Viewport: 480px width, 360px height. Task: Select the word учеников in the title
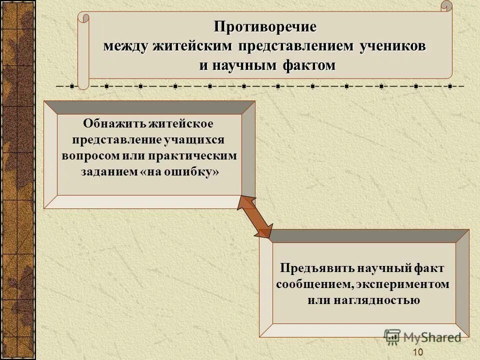pyautogui.click(x=393, y=45)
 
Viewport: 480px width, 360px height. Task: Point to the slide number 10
pyautogui.click(x=418, y=352)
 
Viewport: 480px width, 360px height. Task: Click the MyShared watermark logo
pyautogui.click(x=422, y=337)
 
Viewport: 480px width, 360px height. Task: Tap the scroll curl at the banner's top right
pyautogui.click(x=446, y=6)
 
